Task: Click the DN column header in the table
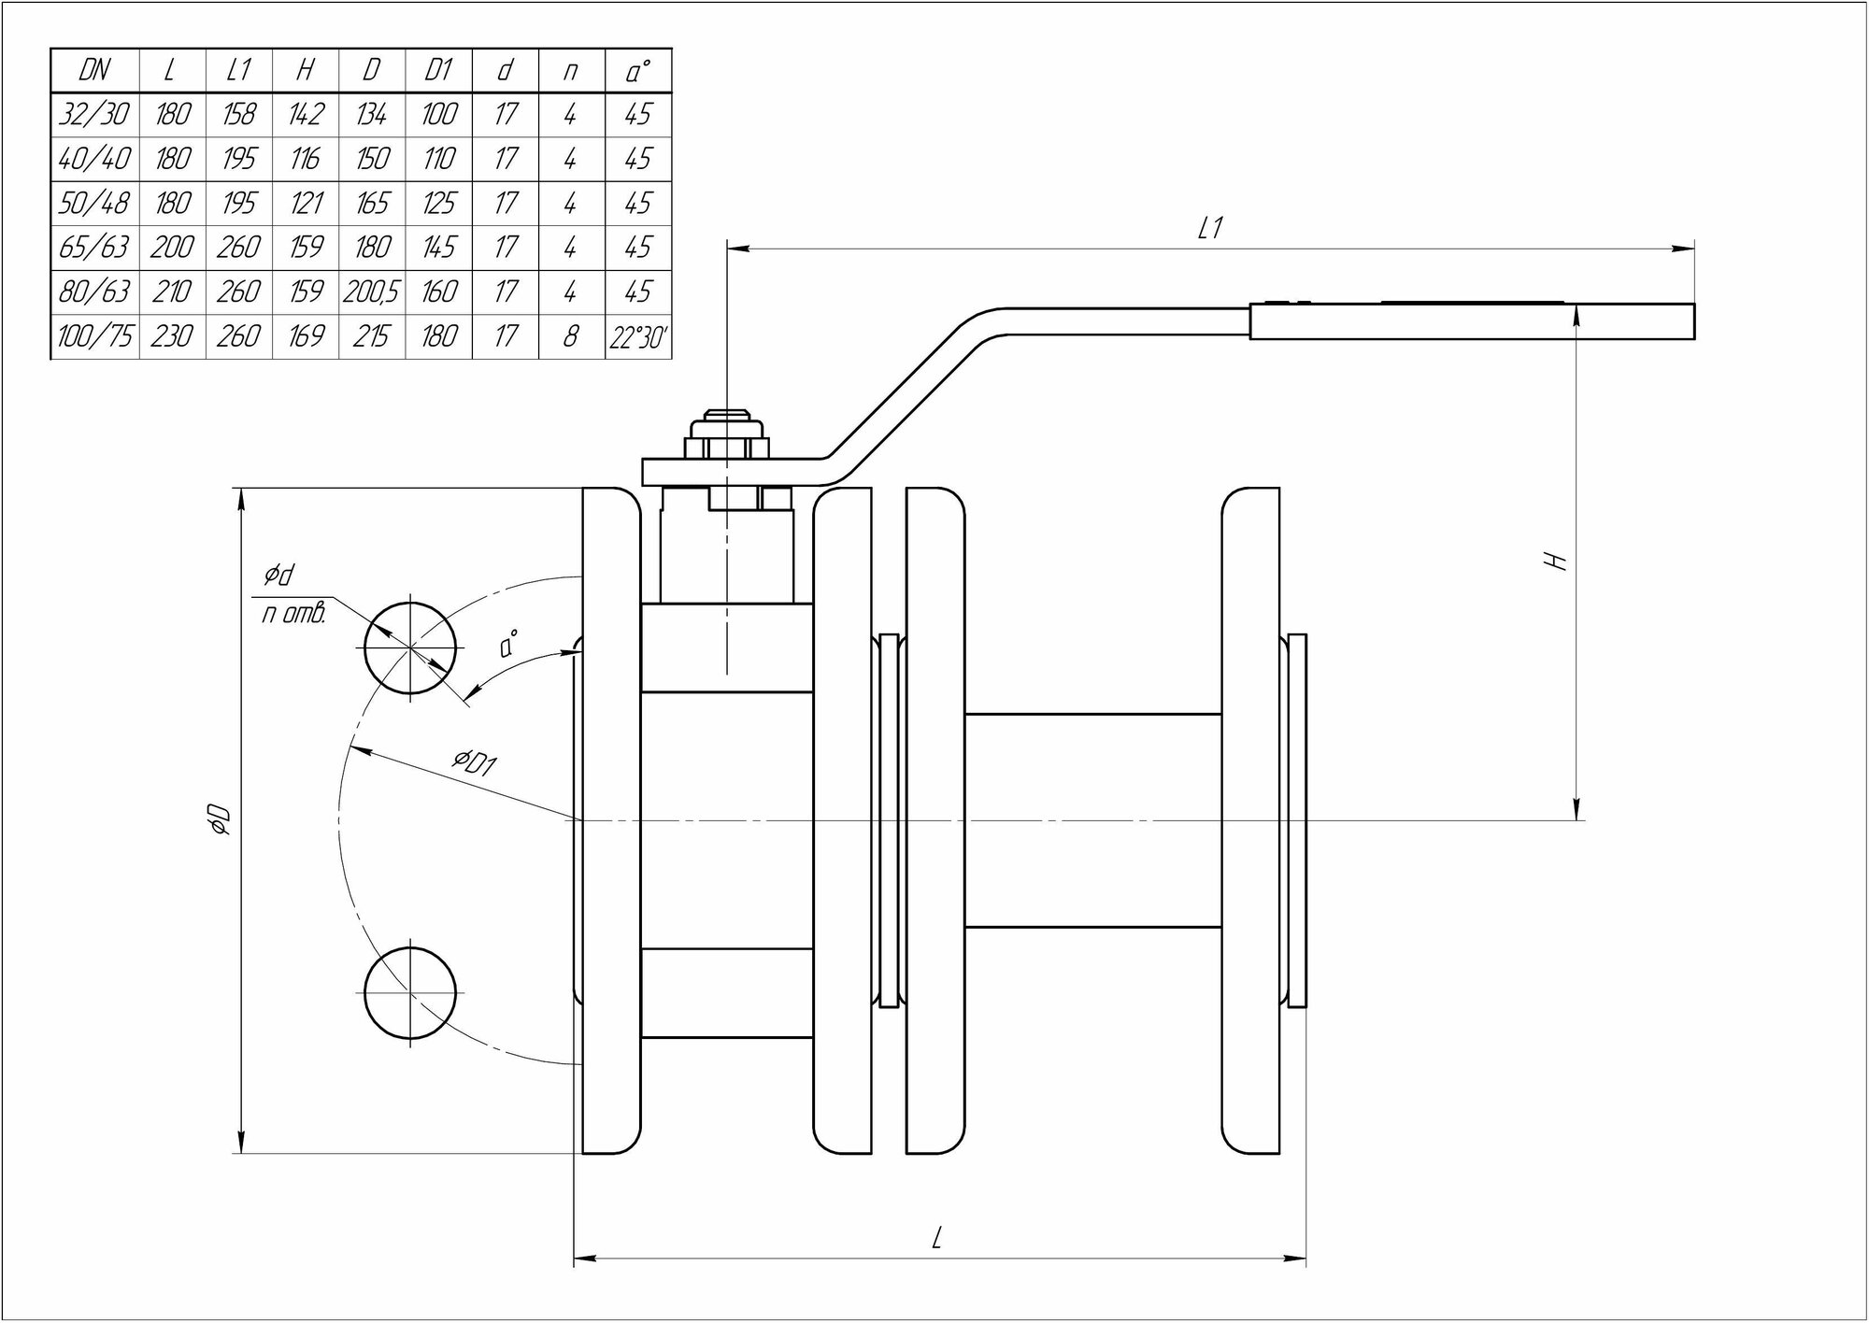point(94,71)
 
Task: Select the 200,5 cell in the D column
point(371,292)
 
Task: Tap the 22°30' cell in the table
point(638,336)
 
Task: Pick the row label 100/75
point(94,336)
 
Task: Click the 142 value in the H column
point(306,115)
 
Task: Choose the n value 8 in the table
point(571,336)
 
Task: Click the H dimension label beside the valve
point(1556,561)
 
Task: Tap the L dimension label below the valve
point(937,1239)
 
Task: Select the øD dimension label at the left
point(221,818)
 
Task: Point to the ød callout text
point(278,576)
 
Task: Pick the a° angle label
point(509,644)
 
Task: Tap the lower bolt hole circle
point(411,992)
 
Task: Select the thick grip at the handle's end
point(1472,320)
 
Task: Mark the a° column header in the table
point(638,71)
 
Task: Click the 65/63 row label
point(94,248)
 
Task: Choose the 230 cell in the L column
point(172,336)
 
